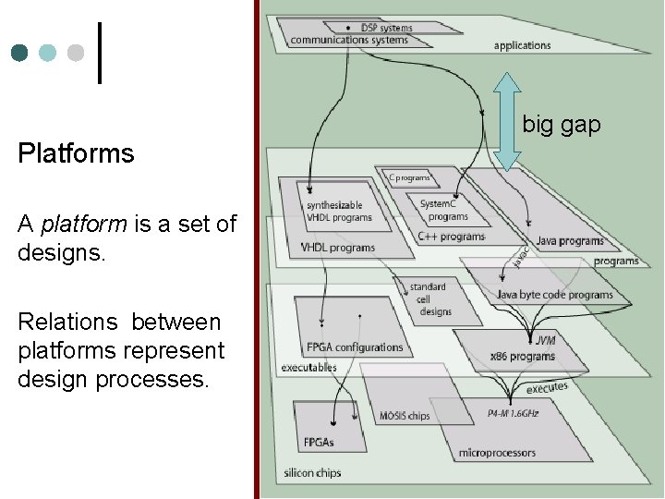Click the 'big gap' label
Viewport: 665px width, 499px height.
pyautogui.click(x=562, y=124)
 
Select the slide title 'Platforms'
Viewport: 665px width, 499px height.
pyautogui.click(x=76, y=153)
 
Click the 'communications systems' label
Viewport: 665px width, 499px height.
pyautogui.click(x=348, y=41)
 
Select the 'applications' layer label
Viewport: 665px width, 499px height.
pyautogui.click(x=522, y=46)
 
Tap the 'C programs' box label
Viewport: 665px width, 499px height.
pyautogui.click(x=409, y=177)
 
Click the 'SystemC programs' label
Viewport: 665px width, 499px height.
pyautogui.click(x=444, y=210)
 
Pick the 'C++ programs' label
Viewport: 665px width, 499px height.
pyautogui.click(x=451, y=237)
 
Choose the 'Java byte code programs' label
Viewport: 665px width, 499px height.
pyautogui.click(x=554, y=295)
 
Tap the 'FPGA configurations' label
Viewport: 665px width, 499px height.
pyautogui.click(x=355, y=347)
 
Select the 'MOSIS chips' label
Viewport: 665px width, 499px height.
pyautogui.click(x=404, y=416)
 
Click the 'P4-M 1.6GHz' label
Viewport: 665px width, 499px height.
pyautogui.click(x=513, y=413)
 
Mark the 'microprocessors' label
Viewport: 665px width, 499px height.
pyautogui.click(x=496, y=453)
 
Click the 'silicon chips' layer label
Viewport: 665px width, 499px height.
pyautogui.click(x=313, y=473)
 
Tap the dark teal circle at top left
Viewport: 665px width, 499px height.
pyautogui.click(x=19, y=53)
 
